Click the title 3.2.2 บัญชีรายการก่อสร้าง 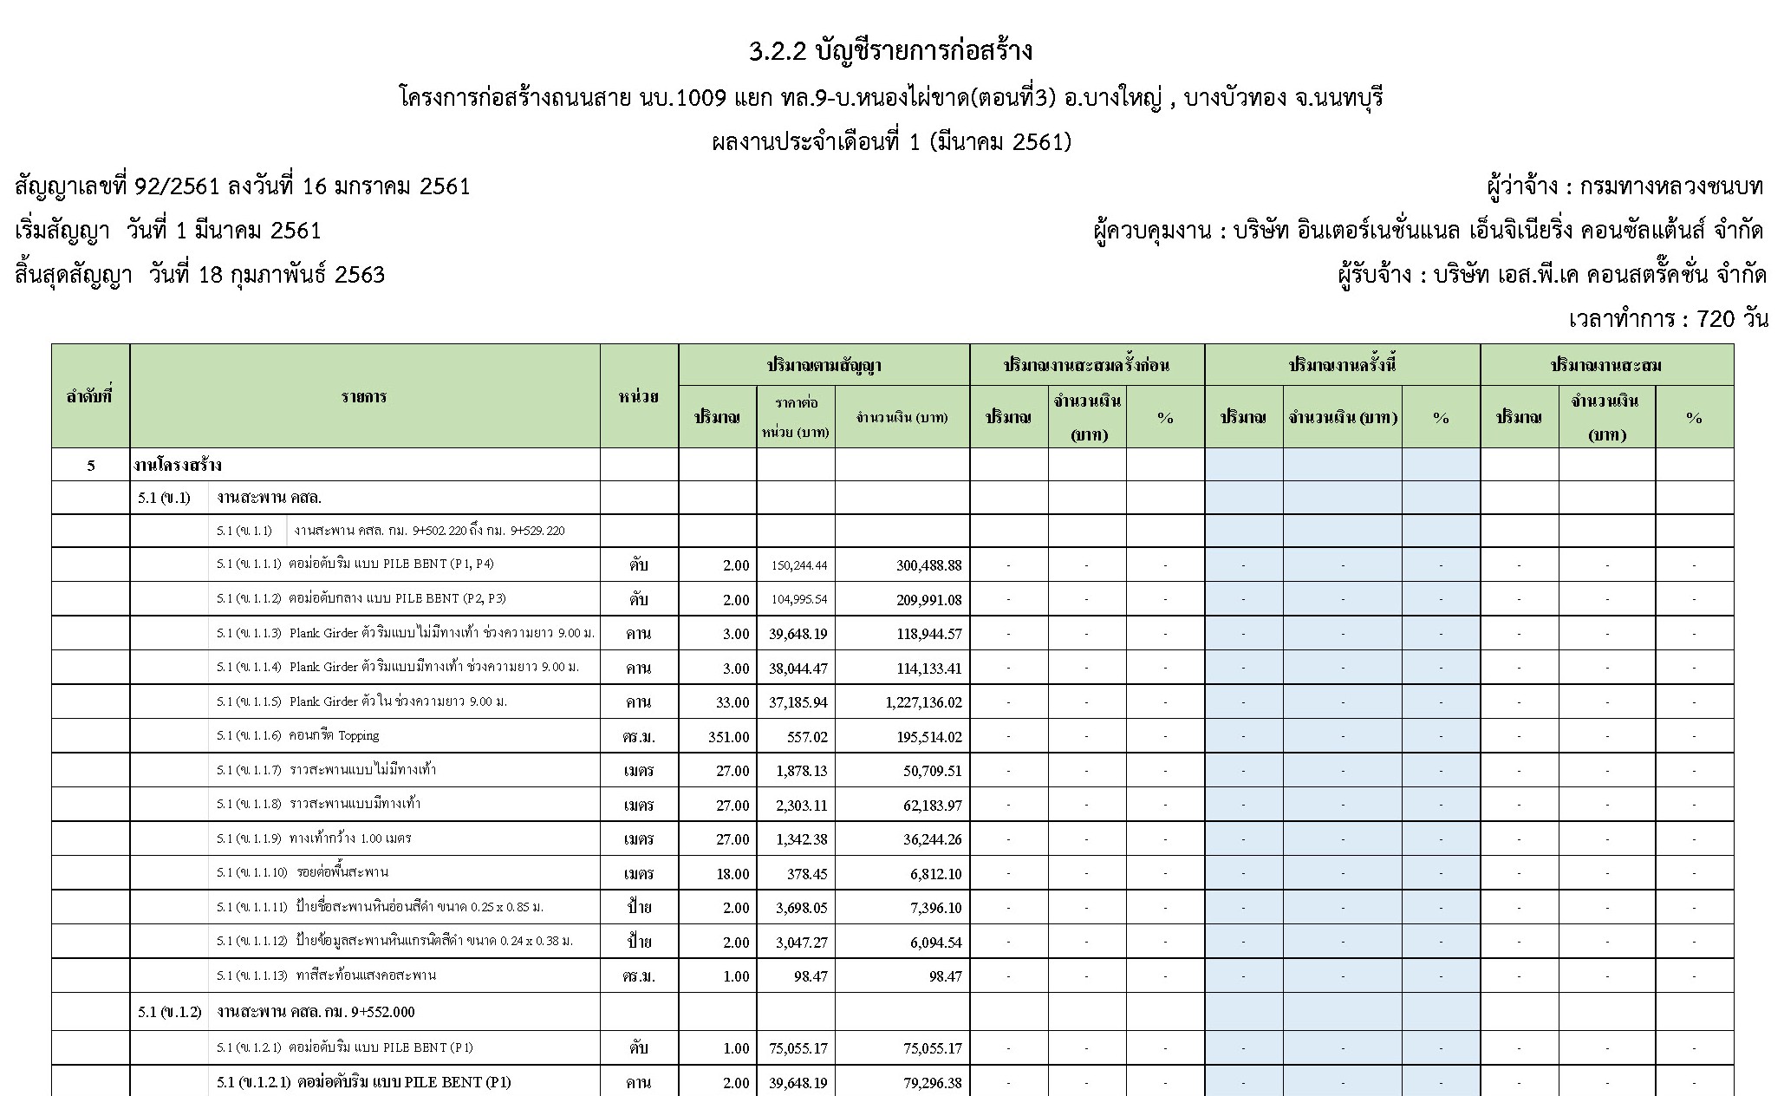pyautogui.click(x=890, y=52)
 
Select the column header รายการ pyautogui.click(x=364, y=396)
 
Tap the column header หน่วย pyautogui.click(x=639, y=396)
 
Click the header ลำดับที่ pyautogui.click(x=90, y=396)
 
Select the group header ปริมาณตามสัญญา pyautogui.click(x=824, y=365)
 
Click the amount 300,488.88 pyautogui.click(x=928, y=565)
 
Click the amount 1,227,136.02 pyautogui.click(x=923, y=702)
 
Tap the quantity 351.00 pyautogui.click(x=728, y=737)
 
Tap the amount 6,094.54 pyautogui.click(x=935, y=943)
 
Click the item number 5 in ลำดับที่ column pyautogui.click(x=91, y=466)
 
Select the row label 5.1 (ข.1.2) pyautogui.click(x=169, y=1012)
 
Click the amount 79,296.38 pyautogui.click(x=932, y=1083)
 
